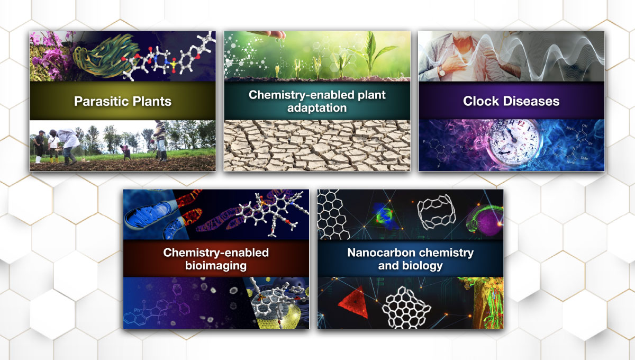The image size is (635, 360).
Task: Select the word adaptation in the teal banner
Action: click(317, 108)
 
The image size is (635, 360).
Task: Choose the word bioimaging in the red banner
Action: click(216, 266)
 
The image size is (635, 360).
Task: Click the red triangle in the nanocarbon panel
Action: click(354, 303)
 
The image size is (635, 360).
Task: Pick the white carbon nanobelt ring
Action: click(437, 212)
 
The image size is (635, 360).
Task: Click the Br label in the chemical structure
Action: click(590, 143)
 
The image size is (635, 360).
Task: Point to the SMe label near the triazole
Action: click(584, 158)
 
